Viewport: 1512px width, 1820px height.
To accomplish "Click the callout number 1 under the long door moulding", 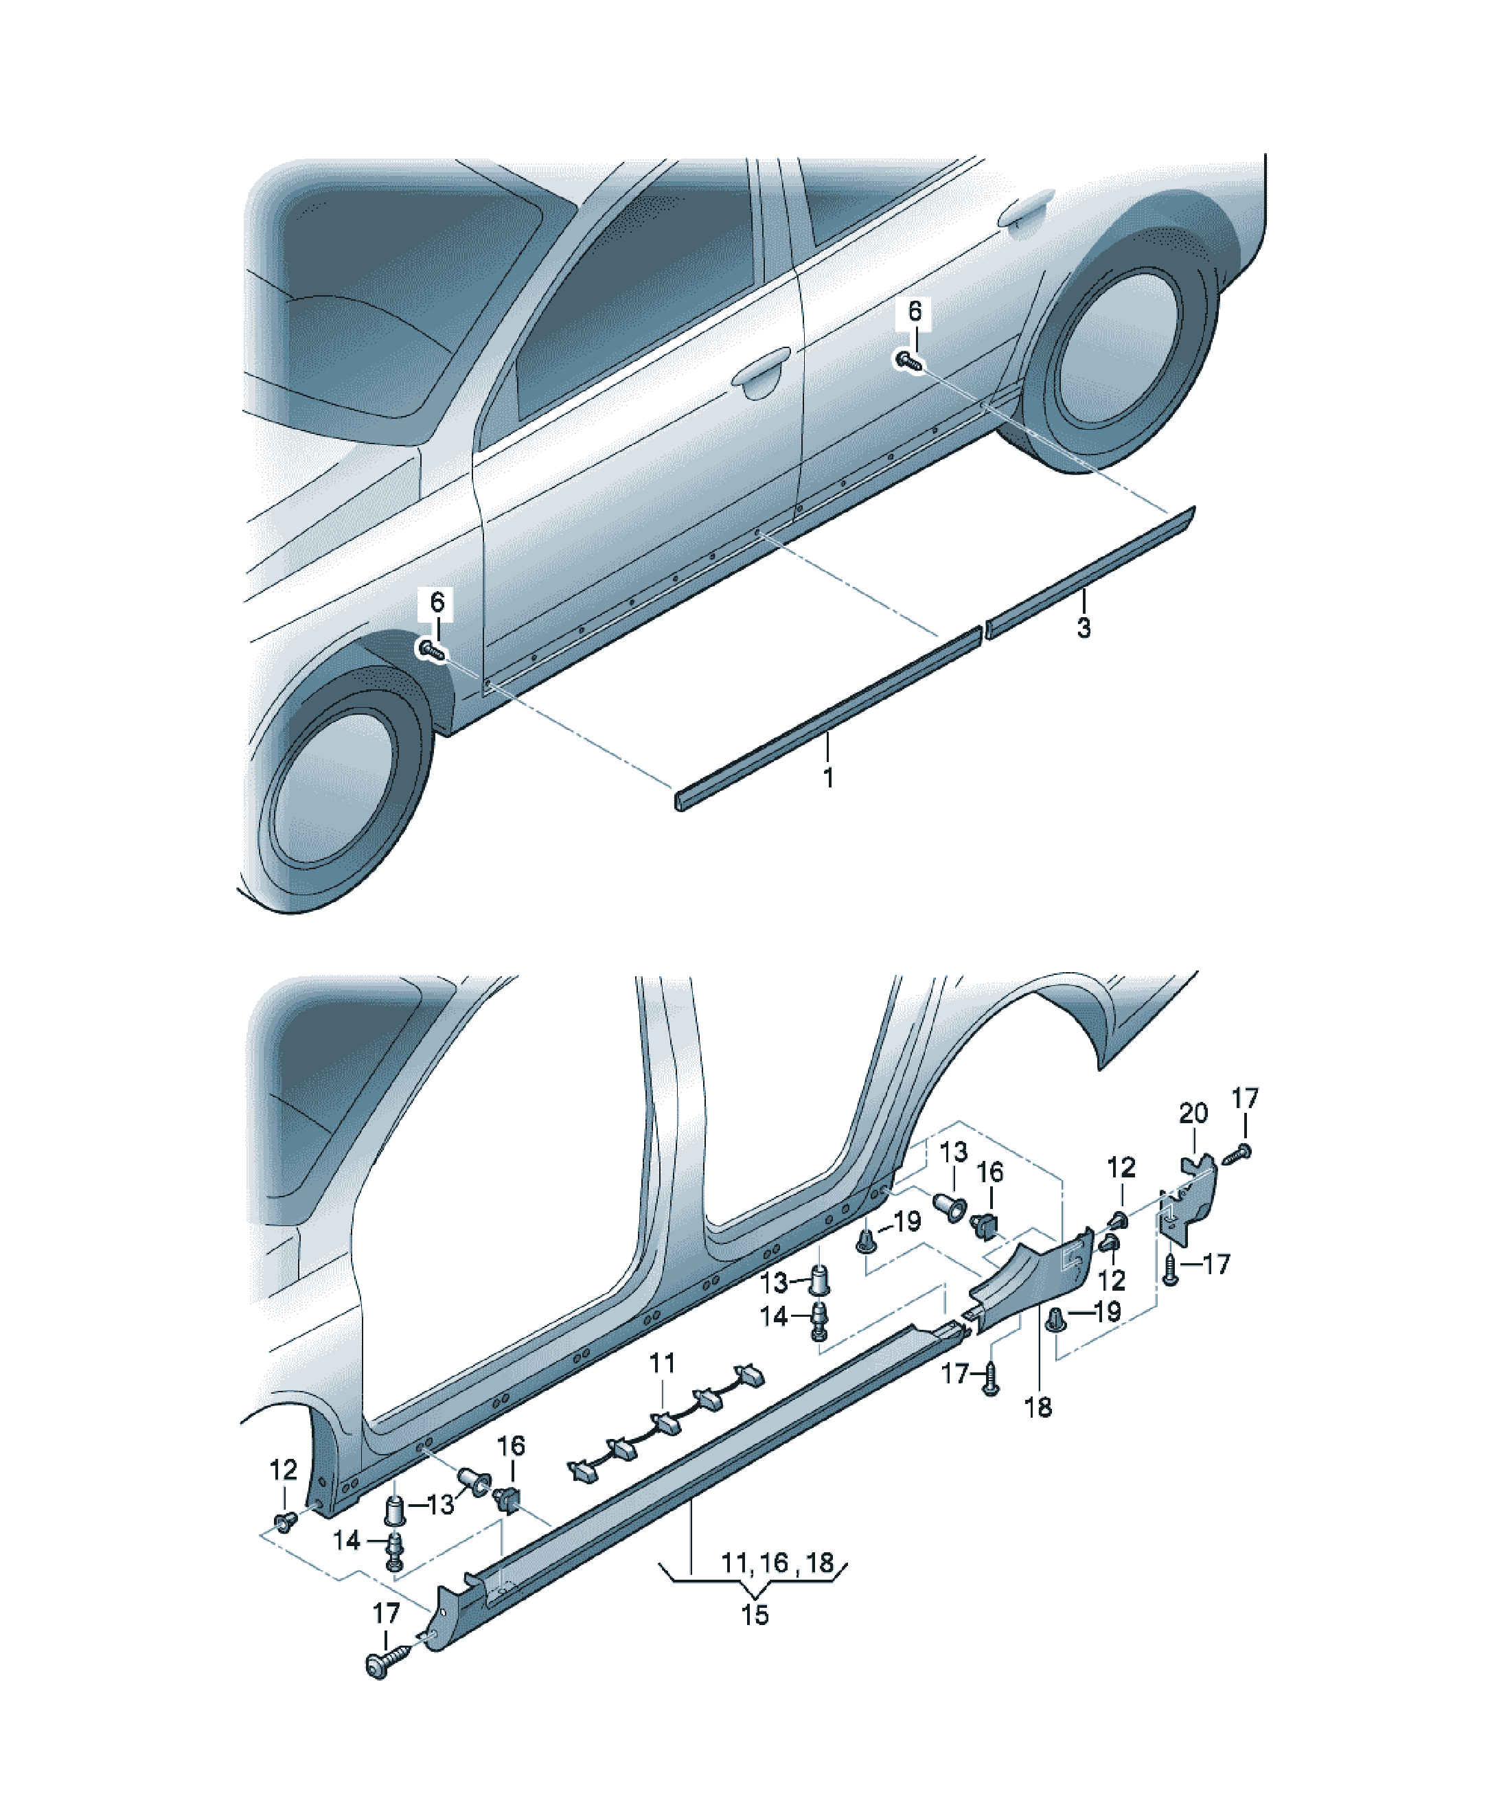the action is (828, 777).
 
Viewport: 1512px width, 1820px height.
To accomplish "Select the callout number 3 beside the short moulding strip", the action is (1084, 627).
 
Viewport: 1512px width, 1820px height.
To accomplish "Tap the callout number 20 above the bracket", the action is (1194, 1113).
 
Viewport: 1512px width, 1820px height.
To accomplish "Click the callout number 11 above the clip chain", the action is (663, 1363).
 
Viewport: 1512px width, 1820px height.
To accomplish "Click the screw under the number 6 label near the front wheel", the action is (431, 650).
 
